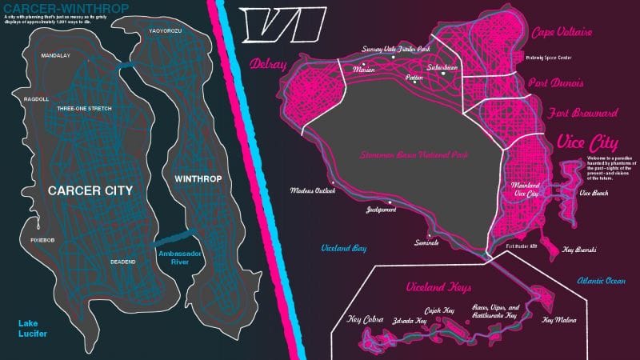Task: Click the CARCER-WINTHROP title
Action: pos(58,7)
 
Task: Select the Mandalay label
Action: pos(57,57)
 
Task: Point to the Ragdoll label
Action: pos(37,99)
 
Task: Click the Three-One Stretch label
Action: pos(84,108)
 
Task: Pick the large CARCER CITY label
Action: pos(90,190)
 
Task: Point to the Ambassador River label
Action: pos(178,258)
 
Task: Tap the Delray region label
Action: pos(269,64)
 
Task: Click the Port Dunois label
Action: pos(555,83)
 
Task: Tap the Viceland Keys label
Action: pos(438,286)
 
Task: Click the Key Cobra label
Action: pos(366,320)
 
